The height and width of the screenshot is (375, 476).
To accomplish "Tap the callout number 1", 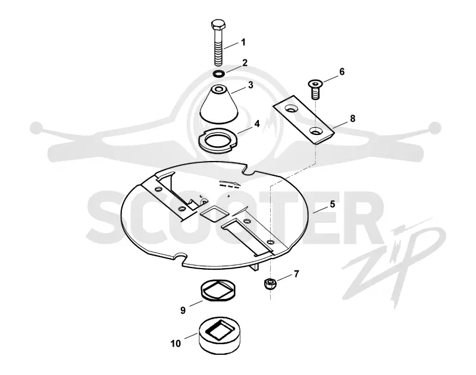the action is pyautogui.click(x=243, y=42).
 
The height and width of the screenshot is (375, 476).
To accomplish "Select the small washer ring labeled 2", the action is pyautogui.click(x=218, y=73).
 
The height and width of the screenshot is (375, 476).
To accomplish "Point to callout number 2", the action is pyautogui.click(x=245, y=63).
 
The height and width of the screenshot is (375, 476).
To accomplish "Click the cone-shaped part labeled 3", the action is pyautogui.click(x=219, y=105).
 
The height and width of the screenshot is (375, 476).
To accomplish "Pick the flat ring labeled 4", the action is pyautogui.click(x=218, y=140).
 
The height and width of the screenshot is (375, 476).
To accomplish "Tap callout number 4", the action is pyautogui.click(x=257, y=124).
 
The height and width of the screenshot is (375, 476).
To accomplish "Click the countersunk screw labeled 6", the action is pyautogui.click(x=315, y=89).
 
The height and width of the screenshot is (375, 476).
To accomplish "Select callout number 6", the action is pyautogui.click(x=342, y=72).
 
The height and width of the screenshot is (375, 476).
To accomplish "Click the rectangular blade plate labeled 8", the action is pyautogui.click(x=303, y=119).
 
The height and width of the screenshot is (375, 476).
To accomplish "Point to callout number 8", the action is pyautogui.click(x=352, y=118).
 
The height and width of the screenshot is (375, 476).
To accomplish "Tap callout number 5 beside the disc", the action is pyautogui.click(x=333, y=204).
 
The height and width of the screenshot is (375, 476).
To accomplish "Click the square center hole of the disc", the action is pyautogui.click(x=214, y=213).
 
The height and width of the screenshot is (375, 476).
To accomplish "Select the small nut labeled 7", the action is pyautogui.click(x=269, y=283).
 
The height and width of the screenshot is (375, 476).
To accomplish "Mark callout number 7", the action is pyautogui.click(x=296, y=274).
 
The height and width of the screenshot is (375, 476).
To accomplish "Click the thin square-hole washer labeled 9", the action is pyautogui.click(x=218, y=289).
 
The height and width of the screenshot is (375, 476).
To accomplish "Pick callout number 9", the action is pyautogui.click(x=183, y=310).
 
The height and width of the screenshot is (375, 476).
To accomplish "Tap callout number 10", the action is pyautogui.click(x=176, y=344).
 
